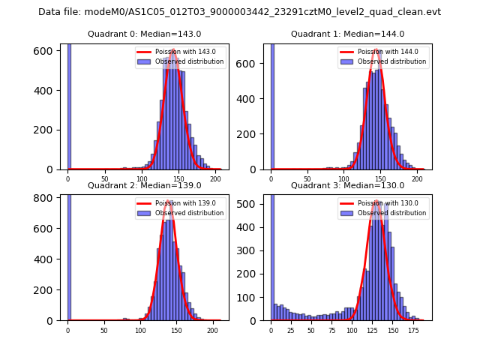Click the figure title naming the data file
[x=239, y=12]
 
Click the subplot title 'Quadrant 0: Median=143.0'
[x=144, y=34]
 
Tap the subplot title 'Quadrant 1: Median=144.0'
[x=347, y=34]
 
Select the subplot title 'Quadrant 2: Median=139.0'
[x=144, y=185]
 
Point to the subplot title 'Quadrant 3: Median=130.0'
[x=347, y=185]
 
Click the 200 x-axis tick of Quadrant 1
[x=416, y=179]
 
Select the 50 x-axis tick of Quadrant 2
[x=104, y=330]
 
